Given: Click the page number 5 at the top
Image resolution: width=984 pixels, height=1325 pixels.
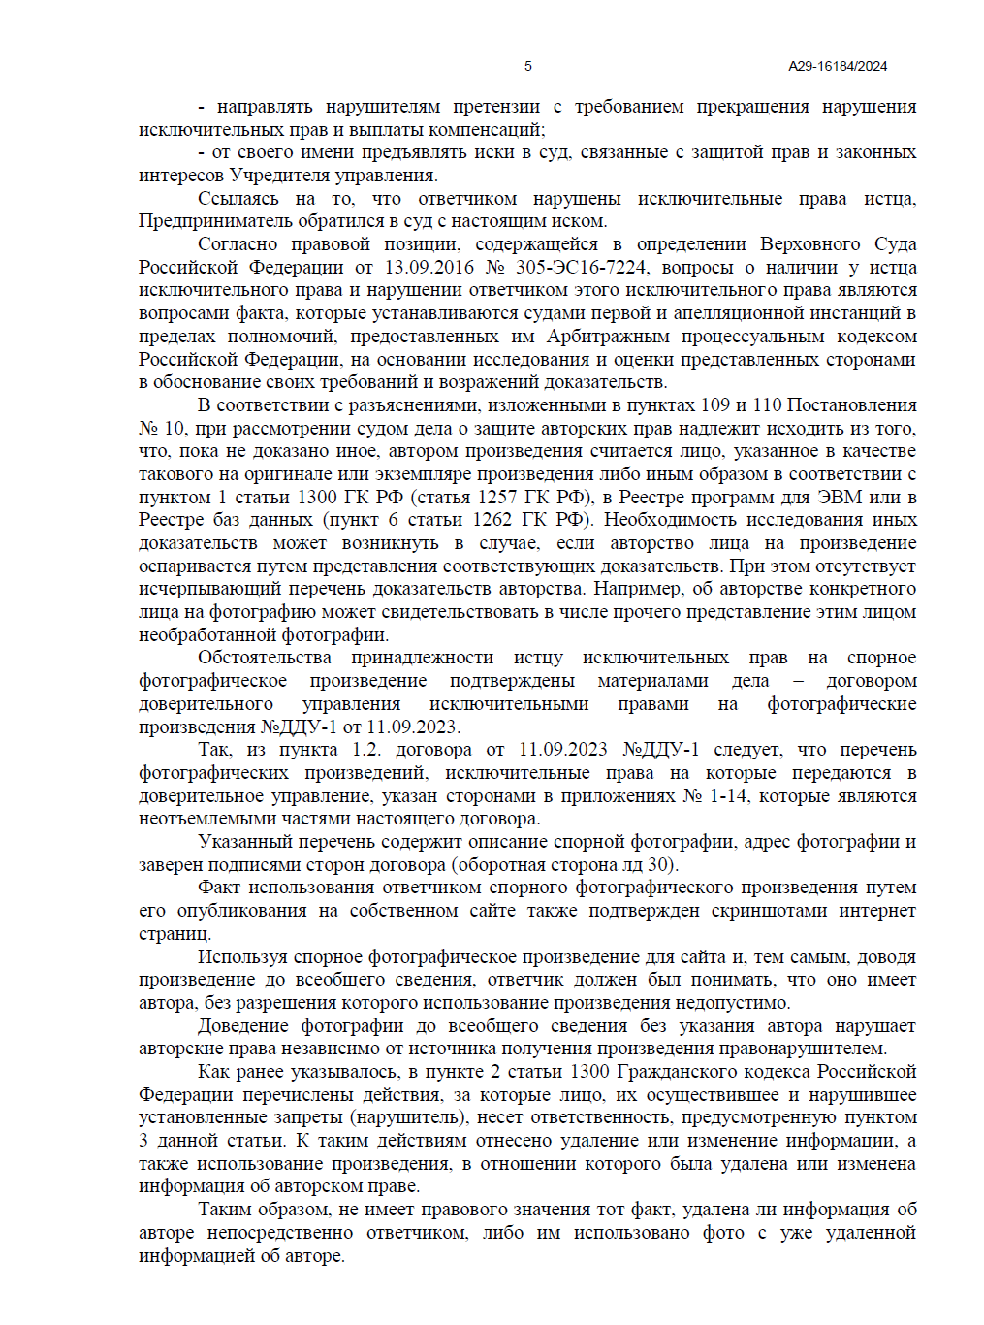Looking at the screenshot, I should pyautogui.click(x=527, y=66).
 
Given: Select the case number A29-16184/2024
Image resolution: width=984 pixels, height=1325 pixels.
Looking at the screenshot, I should pyautogui.click(x=838, y=66).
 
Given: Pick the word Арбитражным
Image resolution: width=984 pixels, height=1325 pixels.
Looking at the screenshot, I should pyautogui.click(x=608, y=337).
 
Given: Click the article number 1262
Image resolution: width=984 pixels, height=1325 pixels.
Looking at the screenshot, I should pyautogui.click(x=492, y=520).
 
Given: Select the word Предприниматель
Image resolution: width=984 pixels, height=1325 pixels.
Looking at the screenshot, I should pyautogui.click(x=206, y=221).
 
